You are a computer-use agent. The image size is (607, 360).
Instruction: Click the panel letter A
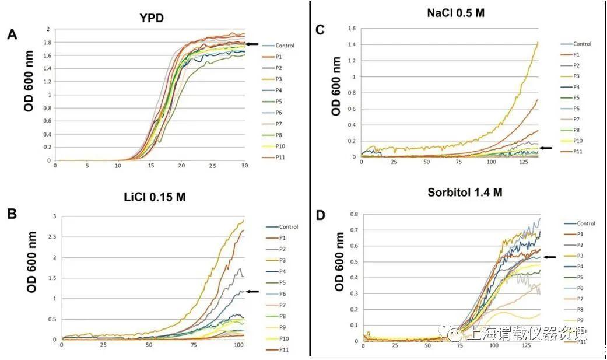point(12,35)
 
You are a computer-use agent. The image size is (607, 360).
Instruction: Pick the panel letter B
point(12,213)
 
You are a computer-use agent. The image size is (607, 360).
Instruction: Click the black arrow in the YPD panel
point(251,44)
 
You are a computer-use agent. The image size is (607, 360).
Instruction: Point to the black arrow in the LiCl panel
point(252,291)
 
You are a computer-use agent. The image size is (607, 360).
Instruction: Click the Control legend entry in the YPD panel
point(286,46)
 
